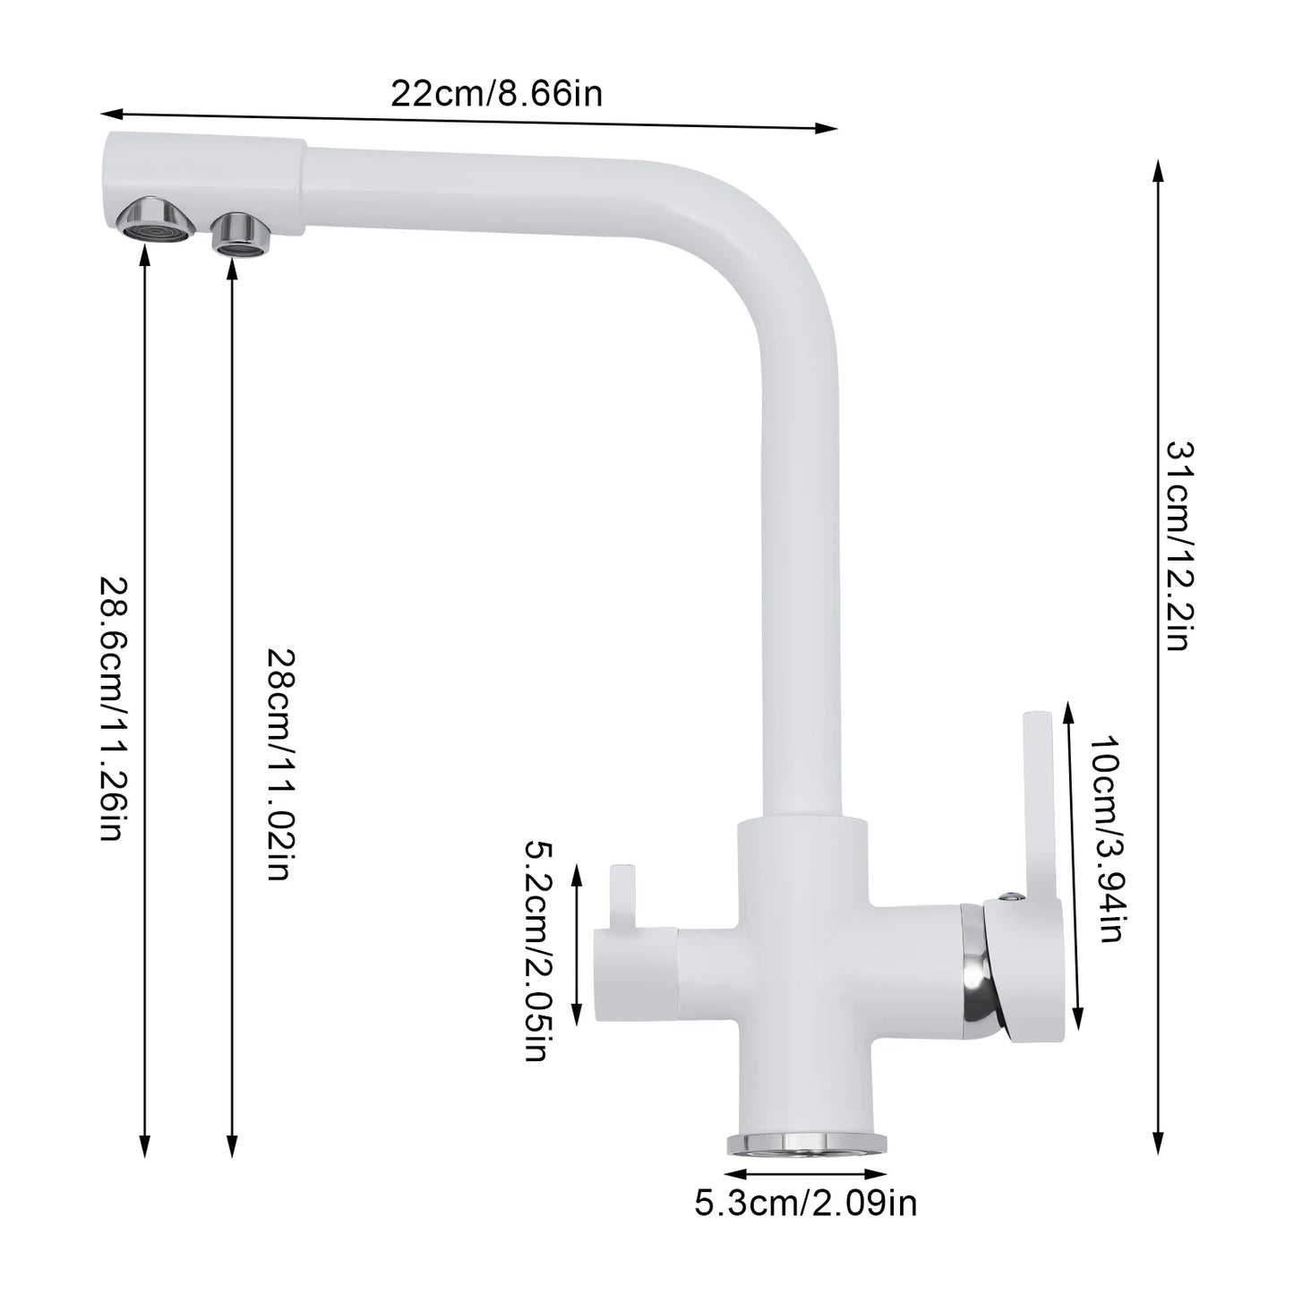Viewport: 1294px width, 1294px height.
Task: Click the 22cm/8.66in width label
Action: (496, 92)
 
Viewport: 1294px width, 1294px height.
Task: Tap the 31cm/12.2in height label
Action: (1178, 545)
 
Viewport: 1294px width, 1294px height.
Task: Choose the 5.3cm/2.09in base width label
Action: (805, 1203)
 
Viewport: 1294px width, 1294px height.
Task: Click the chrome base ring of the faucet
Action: (805, 1142)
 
